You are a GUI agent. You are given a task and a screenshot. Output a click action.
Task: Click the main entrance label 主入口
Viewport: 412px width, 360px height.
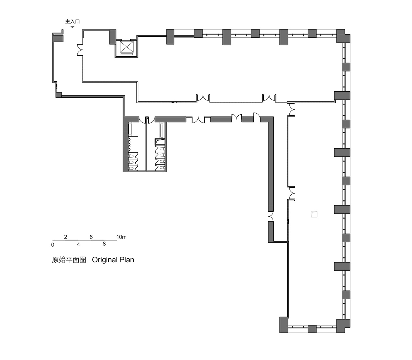click(72, 21)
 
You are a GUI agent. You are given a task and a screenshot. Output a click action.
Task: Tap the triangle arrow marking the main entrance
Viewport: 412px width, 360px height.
click(72, 26)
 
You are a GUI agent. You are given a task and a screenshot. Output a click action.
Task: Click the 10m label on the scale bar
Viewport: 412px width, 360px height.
click(122, 237)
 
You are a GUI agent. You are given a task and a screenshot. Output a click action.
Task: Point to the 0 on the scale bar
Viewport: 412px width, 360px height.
click(53, 245)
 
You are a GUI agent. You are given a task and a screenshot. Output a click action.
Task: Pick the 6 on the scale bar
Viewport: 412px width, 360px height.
click(91, 237)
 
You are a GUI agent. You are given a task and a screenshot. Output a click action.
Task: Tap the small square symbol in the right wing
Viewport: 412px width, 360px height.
click(314, 214)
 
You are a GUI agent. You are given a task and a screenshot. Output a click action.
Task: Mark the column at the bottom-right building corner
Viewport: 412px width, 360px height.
click(343, 326)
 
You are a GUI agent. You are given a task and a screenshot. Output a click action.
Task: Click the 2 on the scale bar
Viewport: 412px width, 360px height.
click(65, 237)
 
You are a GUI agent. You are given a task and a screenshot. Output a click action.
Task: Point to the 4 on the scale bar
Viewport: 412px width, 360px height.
click(78, 245)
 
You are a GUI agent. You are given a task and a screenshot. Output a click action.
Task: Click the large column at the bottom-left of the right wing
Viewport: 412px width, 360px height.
click(284, 325)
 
